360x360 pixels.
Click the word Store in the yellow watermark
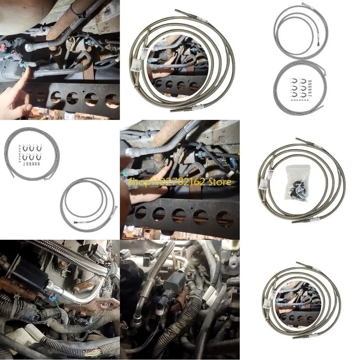tap(220, 182)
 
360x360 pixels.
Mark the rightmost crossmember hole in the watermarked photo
tap(224, 219)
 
